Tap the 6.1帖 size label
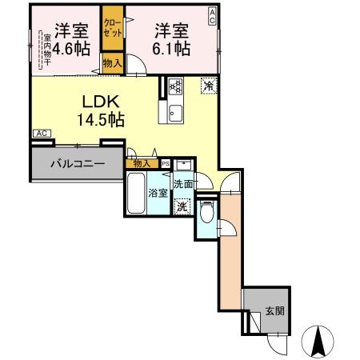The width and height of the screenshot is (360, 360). pos(171,49)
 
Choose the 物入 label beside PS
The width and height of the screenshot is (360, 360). pos(141,163)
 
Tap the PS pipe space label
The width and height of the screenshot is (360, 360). pos(165,163)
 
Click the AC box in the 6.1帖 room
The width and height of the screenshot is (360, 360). pos(212,13)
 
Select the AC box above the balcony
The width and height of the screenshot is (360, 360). pos(42,134)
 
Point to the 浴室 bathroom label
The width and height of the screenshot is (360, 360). pos(157,192)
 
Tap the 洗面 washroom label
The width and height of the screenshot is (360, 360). pos(183,183)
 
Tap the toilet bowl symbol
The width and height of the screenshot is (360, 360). pos(207,213)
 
